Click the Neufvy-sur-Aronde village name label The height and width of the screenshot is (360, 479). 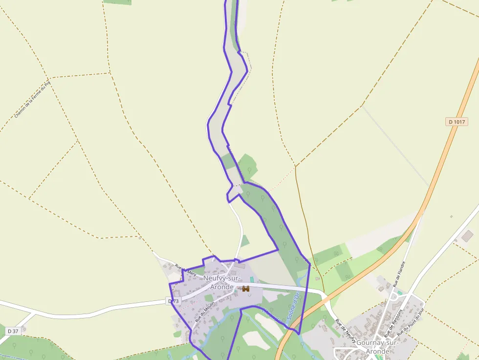pos(222,282)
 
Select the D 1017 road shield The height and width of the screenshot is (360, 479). pos(457,122)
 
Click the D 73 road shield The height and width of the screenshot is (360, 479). pos(174,301)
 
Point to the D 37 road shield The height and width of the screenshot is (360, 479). pos(13,331)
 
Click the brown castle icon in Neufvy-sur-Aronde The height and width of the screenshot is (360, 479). pos(246,289)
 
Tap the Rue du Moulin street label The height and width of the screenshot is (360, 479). pos(205,311)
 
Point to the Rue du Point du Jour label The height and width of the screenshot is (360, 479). pos(411,322)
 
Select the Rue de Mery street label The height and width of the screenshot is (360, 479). pos(186,271)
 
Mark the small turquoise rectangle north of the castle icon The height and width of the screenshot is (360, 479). pos(252,279)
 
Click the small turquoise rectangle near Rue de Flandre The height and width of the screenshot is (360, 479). pos(400,293)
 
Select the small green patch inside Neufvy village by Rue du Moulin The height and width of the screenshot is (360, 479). pos(209,298)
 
